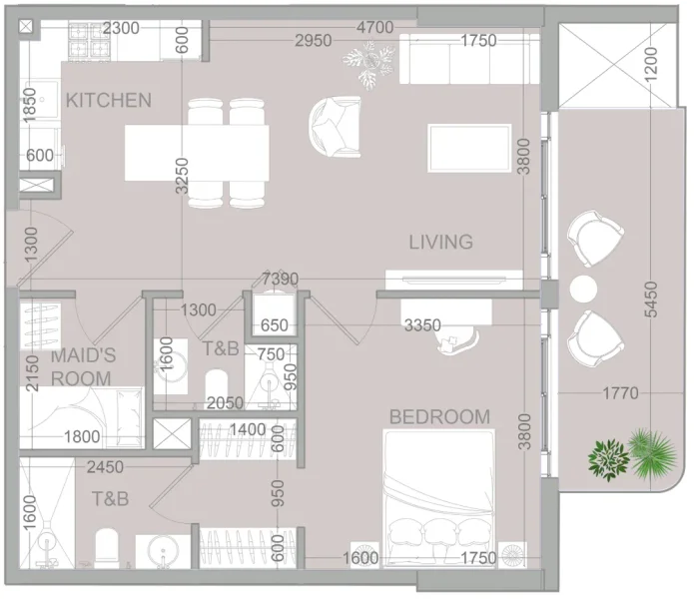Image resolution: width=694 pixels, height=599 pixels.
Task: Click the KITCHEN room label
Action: click(x=108, y=100)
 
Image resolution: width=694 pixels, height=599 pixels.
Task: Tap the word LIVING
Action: click(x=440, y=242)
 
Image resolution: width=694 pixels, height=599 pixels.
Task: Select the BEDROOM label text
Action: click(x=439, y=417)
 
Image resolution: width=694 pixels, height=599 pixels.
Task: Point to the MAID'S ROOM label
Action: click(x=82, y=366)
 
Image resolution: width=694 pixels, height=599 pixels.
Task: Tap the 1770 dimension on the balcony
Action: click(x=620, y=393)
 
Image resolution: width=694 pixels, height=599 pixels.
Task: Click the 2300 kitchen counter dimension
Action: click(x=120, y=28)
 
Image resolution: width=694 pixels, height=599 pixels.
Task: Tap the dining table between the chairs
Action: click(x=197, y=153)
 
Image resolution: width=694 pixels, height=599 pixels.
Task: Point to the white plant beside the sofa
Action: click(x=369, y=62)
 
